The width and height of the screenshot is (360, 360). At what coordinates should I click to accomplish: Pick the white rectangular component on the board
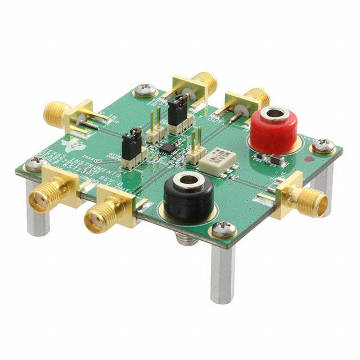click(219, 159)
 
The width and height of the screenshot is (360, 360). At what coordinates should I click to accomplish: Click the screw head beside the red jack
click(323, 145)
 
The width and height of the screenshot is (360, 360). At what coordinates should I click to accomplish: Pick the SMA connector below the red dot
click(304, 197)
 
